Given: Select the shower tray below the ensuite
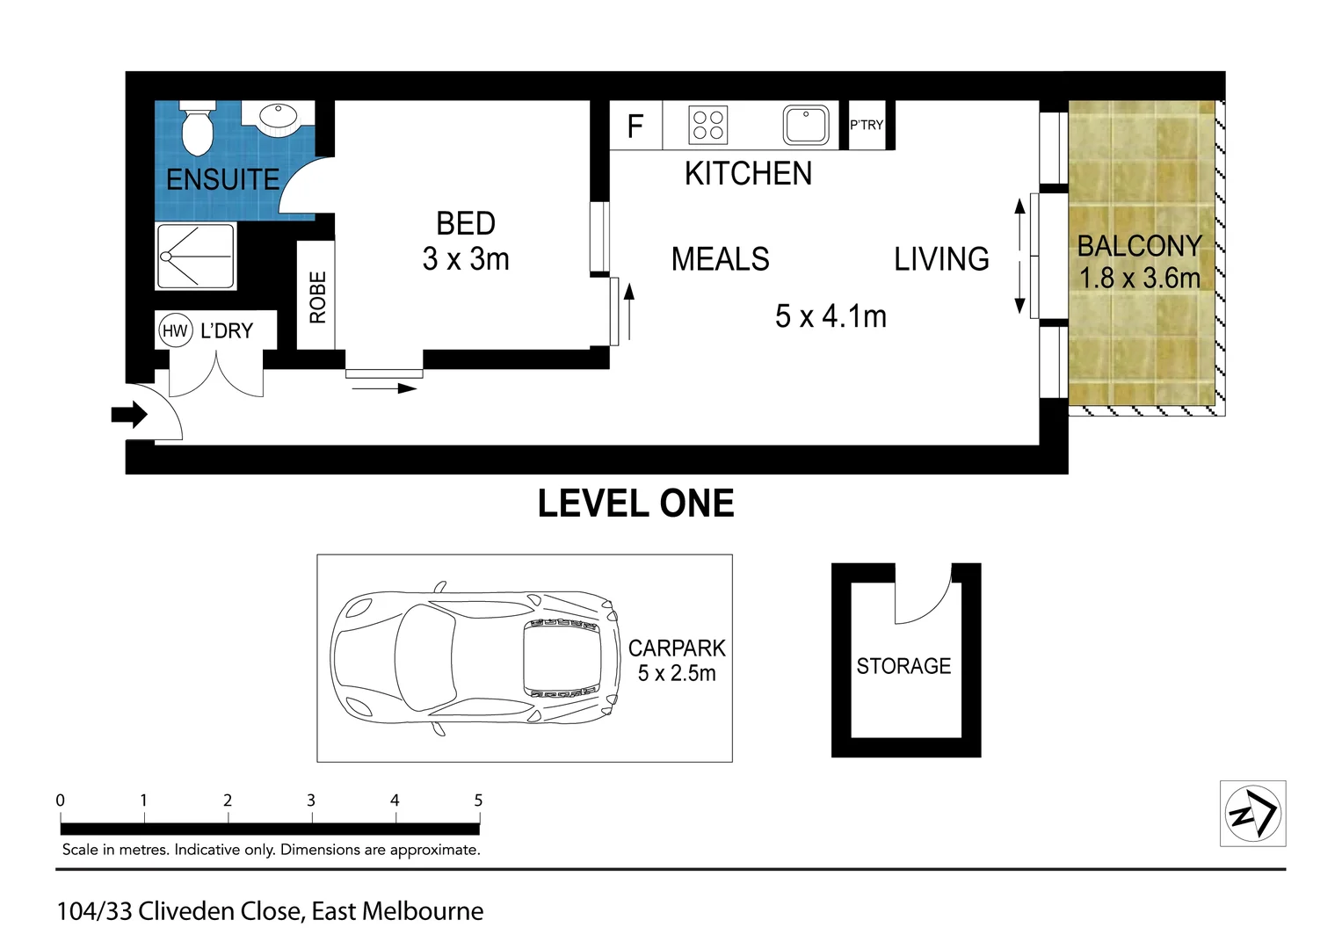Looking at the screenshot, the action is pos(195,256).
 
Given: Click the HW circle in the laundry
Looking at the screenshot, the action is pos(176,330).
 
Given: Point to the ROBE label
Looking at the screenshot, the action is pos(317,297).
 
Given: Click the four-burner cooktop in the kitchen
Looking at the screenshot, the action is pos(707,125).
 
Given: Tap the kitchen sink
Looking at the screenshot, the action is pos(806,125).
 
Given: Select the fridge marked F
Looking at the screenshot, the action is pos(635,126).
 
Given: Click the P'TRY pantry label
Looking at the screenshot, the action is pos(867,125).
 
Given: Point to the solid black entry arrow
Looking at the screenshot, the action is pos(129,415).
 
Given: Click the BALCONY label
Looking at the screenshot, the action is pos(1140,246).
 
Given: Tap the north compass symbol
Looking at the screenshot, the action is pos(1252,814).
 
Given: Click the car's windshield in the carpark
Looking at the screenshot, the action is pos(424,657).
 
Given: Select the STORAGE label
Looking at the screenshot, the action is pos(903,666).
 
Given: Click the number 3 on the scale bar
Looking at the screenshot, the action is pos(311,800).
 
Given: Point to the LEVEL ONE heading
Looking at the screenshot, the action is pos(635,503).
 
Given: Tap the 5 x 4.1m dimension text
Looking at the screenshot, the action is pos(831,315).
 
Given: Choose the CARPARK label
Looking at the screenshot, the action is pos(677,648).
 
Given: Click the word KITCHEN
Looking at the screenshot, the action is pos(748,174).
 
